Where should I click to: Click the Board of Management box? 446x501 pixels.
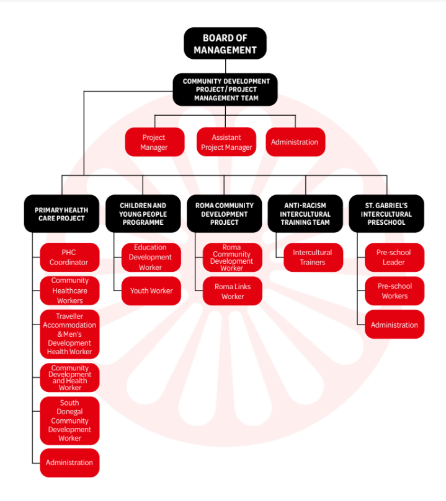(225, 44)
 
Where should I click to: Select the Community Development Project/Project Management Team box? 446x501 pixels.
(226, 90)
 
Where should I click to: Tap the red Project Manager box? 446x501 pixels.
(154, 142)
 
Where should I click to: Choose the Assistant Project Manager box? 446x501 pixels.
(226, 142)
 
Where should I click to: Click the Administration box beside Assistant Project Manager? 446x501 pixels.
(295, 142)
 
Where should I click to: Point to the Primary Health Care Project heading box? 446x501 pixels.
(61, 214)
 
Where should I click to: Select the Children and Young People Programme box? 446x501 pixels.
(143, 214)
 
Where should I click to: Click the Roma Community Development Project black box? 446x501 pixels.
(225, 214)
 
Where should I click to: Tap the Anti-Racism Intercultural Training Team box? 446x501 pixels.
(305, 214)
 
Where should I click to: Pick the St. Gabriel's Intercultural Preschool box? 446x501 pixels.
(386, 214)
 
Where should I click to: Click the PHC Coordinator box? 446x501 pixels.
(69, 258)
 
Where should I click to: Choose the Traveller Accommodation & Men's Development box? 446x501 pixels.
(69, 334)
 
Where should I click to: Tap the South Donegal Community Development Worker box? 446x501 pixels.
(69, 421)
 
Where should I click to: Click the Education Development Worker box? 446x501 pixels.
(151, 258)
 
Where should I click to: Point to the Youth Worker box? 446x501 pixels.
(151, 291)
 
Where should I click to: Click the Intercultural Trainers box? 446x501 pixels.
(313, 258)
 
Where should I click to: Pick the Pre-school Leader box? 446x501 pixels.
(394, 258)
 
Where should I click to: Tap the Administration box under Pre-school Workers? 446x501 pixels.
(394, 325)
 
